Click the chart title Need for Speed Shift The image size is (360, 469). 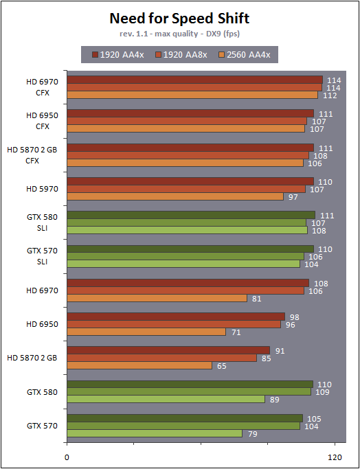[x=179, y=19]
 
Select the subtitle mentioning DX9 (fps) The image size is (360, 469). [x=179, y=34]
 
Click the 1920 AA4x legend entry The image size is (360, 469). [x=118, y=55]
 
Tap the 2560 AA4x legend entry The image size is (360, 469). [x=244, y=55]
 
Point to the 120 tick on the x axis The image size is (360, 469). [x=335, y=457]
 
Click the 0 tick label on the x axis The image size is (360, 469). [x=67, y=457]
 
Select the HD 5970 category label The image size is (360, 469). [x=42, y=189]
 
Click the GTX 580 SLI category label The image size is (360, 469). [x=42, y=222]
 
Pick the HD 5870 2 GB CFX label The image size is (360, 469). [x=32, y=155]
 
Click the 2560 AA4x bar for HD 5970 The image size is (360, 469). [x=175, y=196]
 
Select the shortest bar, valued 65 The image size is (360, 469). [x=139, y=365]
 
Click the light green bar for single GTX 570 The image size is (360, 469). [x=155, y=433]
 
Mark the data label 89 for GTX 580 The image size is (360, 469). [x=275, y=400]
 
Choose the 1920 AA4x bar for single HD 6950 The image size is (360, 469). [x=176, y=317]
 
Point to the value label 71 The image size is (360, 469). [x=236, y=332]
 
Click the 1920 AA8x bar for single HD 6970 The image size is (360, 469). [x=185, y=290]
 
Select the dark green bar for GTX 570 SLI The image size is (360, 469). [x=190, y=249]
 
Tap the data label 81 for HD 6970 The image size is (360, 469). [x=257, y=298]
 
